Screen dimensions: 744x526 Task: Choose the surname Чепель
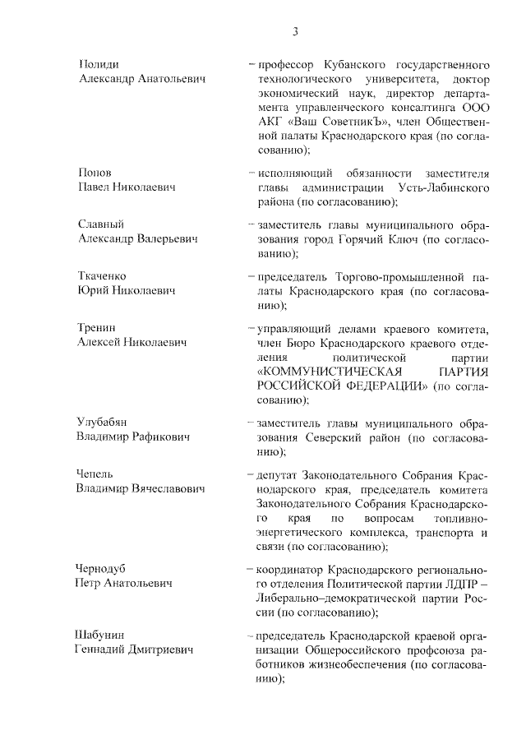pyautogui.click(x=96, y=474)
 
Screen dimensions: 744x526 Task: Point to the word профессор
pyautogui.click(x=288, y=63)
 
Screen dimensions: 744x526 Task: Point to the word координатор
pyautogui.click(x=289, y=569)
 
